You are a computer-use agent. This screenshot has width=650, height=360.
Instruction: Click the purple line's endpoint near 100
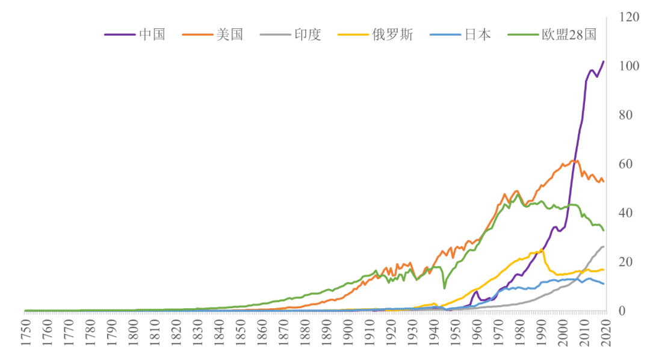(604, 61)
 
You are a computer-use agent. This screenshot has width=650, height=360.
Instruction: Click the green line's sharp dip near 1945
(444, 288)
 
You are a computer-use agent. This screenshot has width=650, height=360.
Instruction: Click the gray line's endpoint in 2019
(604, 247)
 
